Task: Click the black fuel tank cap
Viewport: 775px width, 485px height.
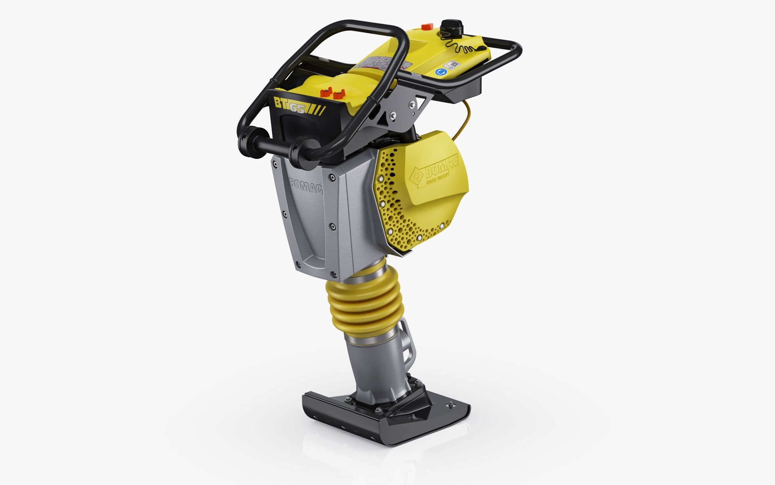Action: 451,27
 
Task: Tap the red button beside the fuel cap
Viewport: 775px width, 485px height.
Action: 425,27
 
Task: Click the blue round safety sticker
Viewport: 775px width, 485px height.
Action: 440,72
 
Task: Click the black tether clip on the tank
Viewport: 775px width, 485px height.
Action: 481,48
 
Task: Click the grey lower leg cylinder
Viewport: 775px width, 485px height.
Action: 375,364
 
